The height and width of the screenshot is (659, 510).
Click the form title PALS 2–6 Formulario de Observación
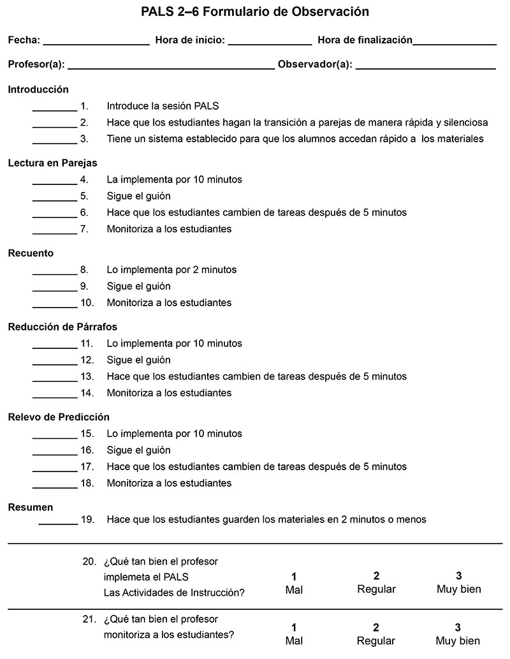(254, 12)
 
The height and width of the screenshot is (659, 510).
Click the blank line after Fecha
(96, 42)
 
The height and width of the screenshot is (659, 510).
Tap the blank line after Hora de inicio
(270, 42)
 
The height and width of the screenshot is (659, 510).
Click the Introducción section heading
(38, 90)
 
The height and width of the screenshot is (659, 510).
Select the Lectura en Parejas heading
(52, 163)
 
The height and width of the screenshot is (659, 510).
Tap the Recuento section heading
(31, 253)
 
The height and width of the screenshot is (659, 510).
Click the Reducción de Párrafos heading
(62, 327)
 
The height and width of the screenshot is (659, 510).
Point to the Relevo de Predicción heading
(59, 417)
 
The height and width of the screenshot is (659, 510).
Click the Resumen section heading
(31, 508)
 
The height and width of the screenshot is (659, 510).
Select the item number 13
(87, 376)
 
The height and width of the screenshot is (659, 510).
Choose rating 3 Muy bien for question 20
(458, 582)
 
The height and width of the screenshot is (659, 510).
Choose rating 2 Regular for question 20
(376, 582)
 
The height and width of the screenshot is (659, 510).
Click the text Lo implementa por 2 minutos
(171, 270)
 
